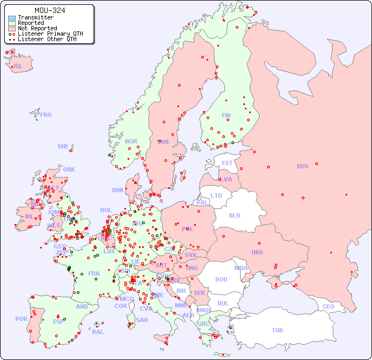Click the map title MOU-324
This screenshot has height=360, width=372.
coord(50,10)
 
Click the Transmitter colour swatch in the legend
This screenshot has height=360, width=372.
coord(12,18)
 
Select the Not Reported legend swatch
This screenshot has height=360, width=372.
coord(12,28)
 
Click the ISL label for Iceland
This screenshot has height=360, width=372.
coord(18,67)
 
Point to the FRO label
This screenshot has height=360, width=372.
coord(46,115)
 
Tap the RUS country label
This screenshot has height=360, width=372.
coord(302,166)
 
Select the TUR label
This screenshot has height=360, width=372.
coord(277,330)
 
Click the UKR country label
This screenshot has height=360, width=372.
coord(257,252)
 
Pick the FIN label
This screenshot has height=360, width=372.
coord(226,115)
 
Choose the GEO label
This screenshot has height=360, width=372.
coord(328,306)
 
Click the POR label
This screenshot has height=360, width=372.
coord(21,319)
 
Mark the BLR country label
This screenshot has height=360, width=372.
coord(234,215)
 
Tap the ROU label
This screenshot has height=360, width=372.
coord(221,279)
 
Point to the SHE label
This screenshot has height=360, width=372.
coord(63,146)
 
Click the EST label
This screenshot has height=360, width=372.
coord(227,163)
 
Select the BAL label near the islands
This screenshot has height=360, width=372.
coord(97,332)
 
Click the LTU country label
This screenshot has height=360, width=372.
coord(216,195)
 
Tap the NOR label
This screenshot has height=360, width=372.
coord(131,141)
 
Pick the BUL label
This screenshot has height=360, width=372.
coord(223,303)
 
